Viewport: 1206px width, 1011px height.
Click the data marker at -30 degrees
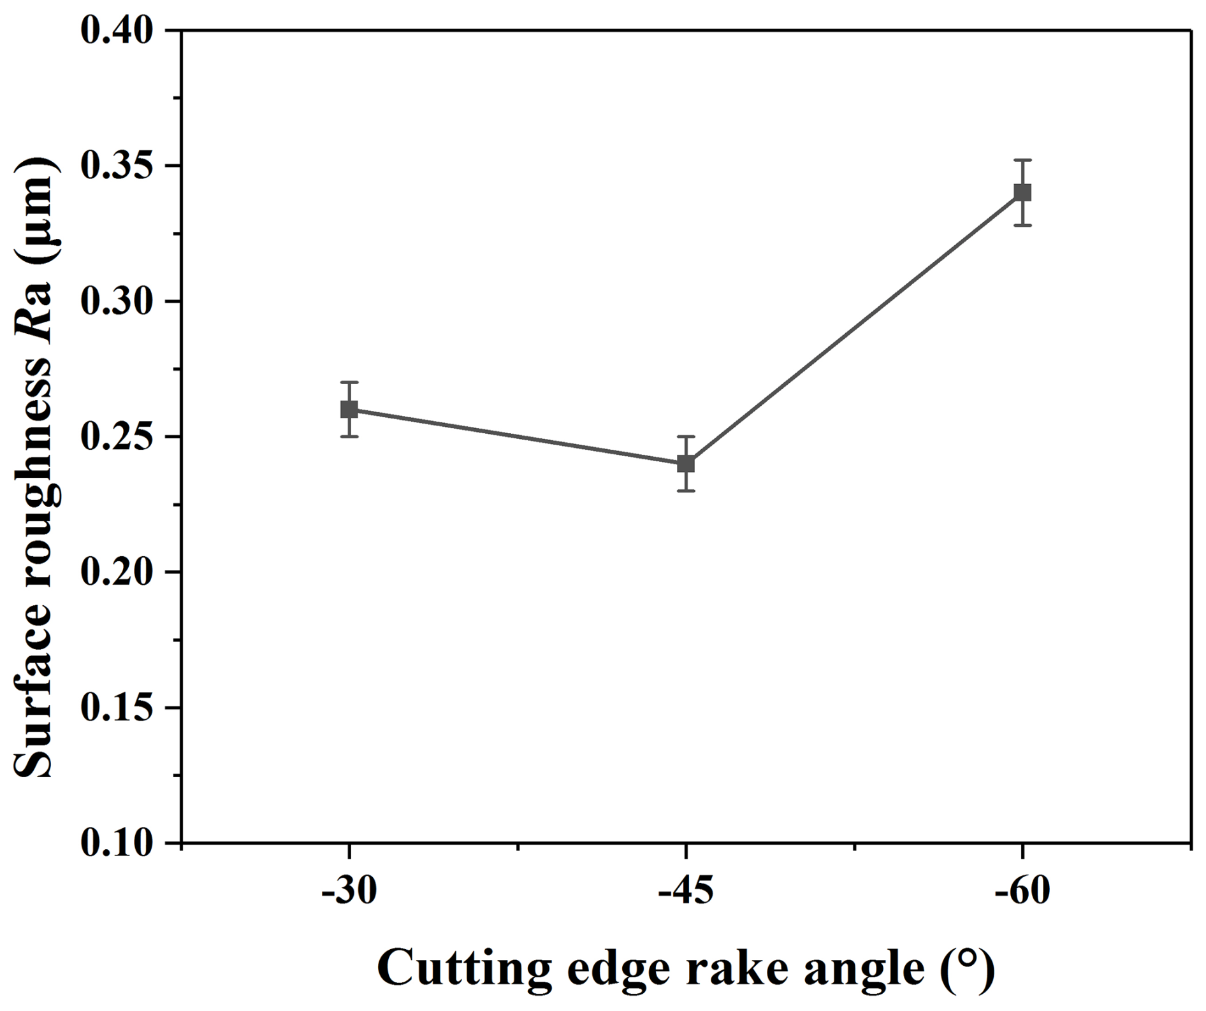(349, 409)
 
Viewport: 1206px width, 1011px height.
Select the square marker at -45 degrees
(686, 463)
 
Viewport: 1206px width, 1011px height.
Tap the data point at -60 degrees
(1022, 192)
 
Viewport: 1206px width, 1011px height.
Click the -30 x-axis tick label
(349, 891)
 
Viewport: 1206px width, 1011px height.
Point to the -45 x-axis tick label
(686, 891)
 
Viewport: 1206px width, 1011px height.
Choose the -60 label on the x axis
(1022, 891)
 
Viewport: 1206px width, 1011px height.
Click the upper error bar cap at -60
(1022, 160)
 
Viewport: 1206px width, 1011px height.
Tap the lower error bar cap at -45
(686, 491)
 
